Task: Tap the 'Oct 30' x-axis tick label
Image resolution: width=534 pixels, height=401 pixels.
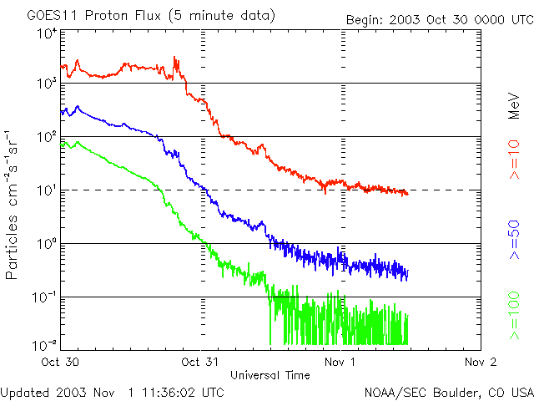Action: [60, 363]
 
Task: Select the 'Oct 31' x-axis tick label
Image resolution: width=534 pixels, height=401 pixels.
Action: [200, 363]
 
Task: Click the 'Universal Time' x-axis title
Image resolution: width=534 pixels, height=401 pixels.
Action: [270, 375]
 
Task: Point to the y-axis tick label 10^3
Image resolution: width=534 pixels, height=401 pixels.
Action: [47, 84]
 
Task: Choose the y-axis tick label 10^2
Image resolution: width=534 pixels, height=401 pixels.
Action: [47, 136]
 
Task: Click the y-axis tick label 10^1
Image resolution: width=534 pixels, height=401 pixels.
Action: [47, 190]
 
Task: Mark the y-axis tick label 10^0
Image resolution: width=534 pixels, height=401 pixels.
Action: [47, 243]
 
